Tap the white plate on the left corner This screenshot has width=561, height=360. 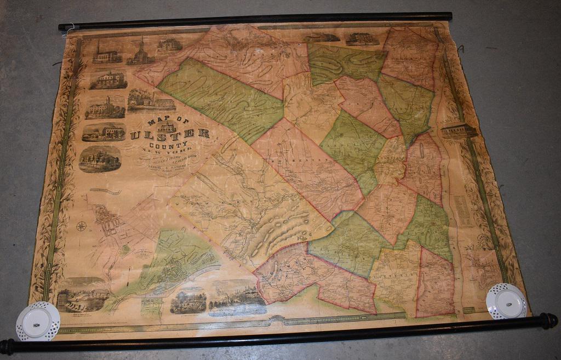(38, 322)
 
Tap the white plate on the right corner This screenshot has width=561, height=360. (506, 301)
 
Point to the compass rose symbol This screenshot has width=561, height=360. (82, 226)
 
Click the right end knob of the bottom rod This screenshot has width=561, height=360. (549, 321)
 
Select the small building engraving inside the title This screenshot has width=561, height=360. (166, 127)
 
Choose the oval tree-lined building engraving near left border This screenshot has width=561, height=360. (100, 159)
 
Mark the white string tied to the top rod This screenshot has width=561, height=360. (66, 31)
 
